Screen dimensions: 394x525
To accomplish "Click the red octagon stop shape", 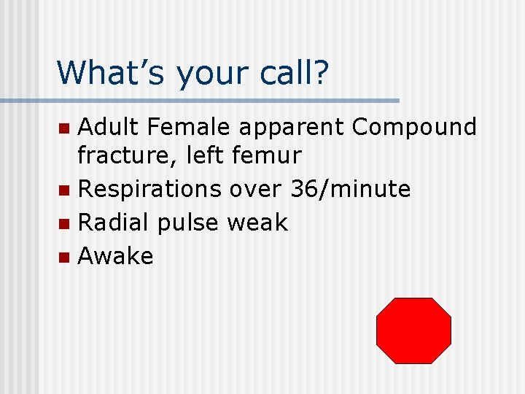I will [x=413, y=331].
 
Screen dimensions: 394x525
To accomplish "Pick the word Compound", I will [x=413, y=128].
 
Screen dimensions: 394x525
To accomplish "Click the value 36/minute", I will [x=350, y=189].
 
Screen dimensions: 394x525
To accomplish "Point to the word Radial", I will [x=116, y=223].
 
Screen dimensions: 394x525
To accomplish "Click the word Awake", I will [x=115, y=256].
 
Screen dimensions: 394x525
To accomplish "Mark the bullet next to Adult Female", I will [x=64, y=129].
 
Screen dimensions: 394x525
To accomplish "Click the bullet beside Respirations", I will [x=64, y=190].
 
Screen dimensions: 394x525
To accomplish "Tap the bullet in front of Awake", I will [x=64, y=258].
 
